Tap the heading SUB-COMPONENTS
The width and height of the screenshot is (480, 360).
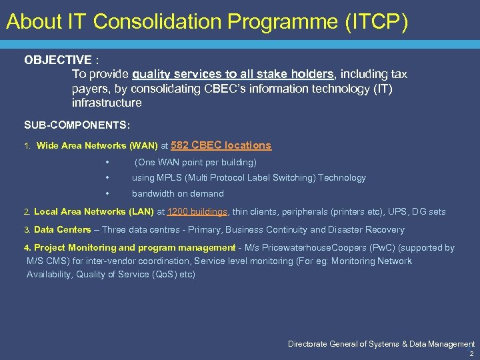pyautogui.click(x=77, y=125)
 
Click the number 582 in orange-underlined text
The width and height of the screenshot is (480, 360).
pyautogui.click(x=182, y=145)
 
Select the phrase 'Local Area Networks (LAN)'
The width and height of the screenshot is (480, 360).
pyautogui.click(x=94, y=212)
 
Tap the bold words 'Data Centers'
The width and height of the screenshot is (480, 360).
pyautogui.click(x=62, y=230)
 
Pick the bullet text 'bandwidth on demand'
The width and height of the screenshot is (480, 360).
pyautogui.click(x=178, y=194)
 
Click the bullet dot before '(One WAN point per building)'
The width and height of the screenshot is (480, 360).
pyautogui.click(x=107, y=163)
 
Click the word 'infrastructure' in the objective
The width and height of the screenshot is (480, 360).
pyautogui.click(x=107, y=103)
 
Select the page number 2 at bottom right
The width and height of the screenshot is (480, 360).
pyautogui.click(x=471, y=354)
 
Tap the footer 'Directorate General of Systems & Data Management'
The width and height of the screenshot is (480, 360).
pyautogui.click(x=381, y=344)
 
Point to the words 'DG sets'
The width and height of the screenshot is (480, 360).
pyautogui.click(x=429, y=212)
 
